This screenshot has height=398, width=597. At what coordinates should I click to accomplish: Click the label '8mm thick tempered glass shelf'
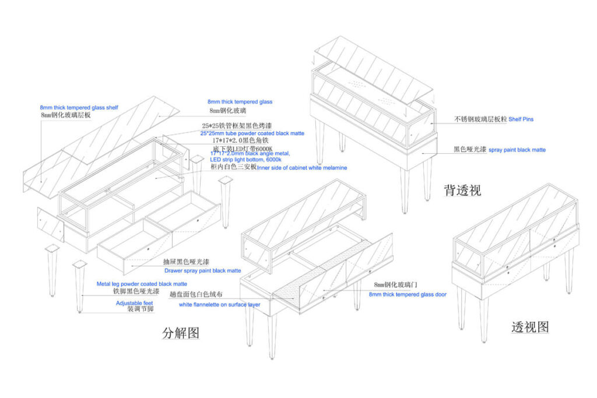click(x=79, y=108)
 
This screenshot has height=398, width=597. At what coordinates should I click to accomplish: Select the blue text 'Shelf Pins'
click(x=521, y=119)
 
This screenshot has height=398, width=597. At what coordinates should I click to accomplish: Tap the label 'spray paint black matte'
click(x=517, y=150)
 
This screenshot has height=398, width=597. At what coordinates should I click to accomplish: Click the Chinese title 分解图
click(x=181, y=333)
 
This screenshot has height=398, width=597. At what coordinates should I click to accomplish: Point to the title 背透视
click(x=462, y=189)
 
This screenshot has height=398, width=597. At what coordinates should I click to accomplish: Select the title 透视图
click(x=529, y=327)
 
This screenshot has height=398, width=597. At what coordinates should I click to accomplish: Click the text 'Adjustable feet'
click(x=135, y=303)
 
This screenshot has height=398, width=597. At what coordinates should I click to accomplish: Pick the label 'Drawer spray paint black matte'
click(x=202, y=270)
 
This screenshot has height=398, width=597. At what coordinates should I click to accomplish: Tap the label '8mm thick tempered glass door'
click(x=408, y=294)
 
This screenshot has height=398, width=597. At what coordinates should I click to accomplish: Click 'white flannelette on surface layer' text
click(x=219, y=304)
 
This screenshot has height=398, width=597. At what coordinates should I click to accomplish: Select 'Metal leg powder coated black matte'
click(x=142, y=284)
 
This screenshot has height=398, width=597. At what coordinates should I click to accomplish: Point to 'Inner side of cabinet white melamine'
click(x=302, y=168)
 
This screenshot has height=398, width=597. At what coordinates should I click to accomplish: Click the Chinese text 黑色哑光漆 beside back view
click(x=469, y=149)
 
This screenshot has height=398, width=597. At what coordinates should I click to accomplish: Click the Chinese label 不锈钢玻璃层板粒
click(x=480, y=119)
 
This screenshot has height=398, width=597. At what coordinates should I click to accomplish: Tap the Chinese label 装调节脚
click(x=140, y=309)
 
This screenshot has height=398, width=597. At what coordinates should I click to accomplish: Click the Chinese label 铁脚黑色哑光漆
click(x=136, y=290)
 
